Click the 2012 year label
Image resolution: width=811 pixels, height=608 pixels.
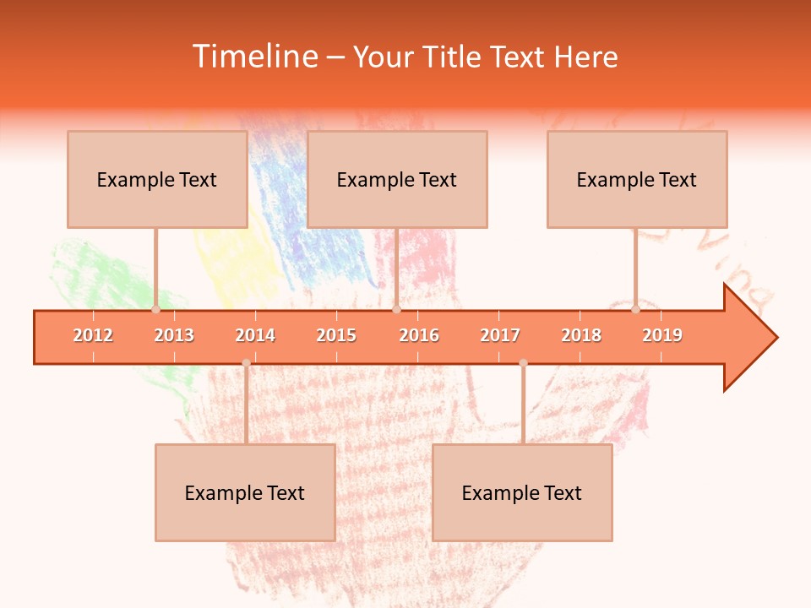tap(93, 335)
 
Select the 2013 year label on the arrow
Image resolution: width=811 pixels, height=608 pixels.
tap(174, 335)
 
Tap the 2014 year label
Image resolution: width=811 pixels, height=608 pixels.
tap(255, 335)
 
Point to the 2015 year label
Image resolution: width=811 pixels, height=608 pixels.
tap(336, 335)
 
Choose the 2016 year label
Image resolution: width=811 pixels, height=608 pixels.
tap(419, 335)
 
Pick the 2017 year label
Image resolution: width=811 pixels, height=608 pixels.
tap(500, 335)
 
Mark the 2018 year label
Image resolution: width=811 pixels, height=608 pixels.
tap(581, 335)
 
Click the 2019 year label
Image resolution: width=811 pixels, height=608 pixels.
tap(662, 335)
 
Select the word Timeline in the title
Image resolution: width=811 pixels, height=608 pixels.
tap(253, 57)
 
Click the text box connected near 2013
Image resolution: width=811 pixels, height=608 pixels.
tap(157, 179)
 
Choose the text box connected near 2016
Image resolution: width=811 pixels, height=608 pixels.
tap(397, 179)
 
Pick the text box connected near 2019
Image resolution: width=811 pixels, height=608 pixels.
tap(637, 179)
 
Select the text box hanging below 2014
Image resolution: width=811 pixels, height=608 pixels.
tap(245, 492)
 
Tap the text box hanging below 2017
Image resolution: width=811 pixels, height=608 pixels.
tap(522, 492)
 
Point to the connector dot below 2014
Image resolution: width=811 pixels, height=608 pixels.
tap(246, 363)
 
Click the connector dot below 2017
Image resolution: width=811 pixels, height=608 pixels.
tap(523, 363)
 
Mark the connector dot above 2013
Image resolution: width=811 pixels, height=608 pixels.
tap(155, 309)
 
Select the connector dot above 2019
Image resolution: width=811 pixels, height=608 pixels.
tap(635, 309)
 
